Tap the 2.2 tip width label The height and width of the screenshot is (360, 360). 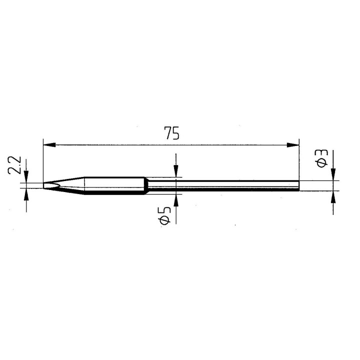pyautogui.click(x=14, y=164)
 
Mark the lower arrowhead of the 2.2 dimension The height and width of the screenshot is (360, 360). pyautogui.click(x=26, y=192)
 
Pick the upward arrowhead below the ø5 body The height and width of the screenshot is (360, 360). pyautogui.click(x=175, y=199)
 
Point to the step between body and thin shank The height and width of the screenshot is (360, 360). pyautogui.click(x=146, y=185)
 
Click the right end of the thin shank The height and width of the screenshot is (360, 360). pyautogui.click(x=298, y=185)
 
